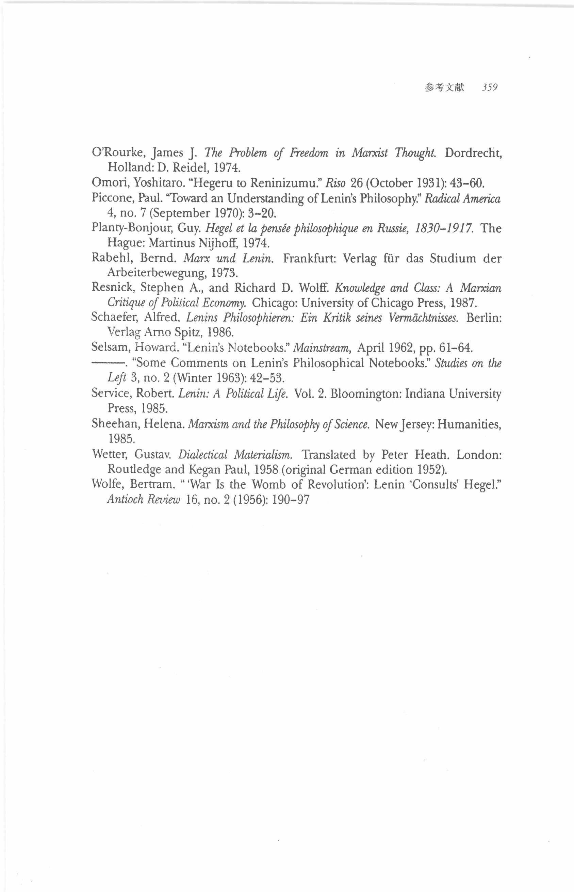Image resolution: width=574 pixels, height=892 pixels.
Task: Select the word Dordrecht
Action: point(473,153)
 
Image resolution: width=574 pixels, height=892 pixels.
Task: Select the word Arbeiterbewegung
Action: point(156,273)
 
